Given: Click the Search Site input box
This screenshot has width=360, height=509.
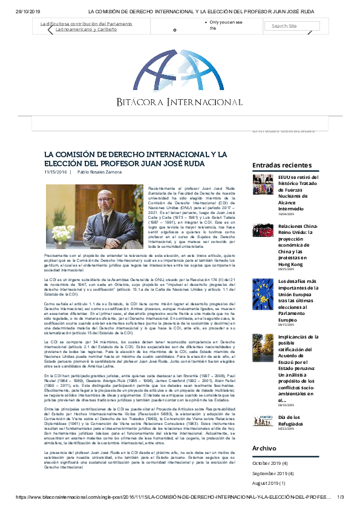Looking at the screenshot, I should tap(291, 26).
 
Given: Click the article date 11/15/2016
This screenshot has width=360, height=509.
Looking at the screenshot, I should tap(55, 172).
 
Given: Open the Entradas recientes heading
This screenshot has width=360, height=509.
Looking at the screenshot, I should tap(282, 165).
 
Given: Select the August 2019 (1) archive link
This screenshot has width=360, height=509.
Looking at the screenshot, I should tap(269, 483).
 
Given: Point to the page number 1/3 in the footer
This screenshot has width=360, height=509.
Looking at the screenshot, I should tap(340, 497).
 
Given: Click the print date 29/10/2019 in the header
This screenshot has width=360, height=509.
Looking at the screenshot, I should tap(27, 11).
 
